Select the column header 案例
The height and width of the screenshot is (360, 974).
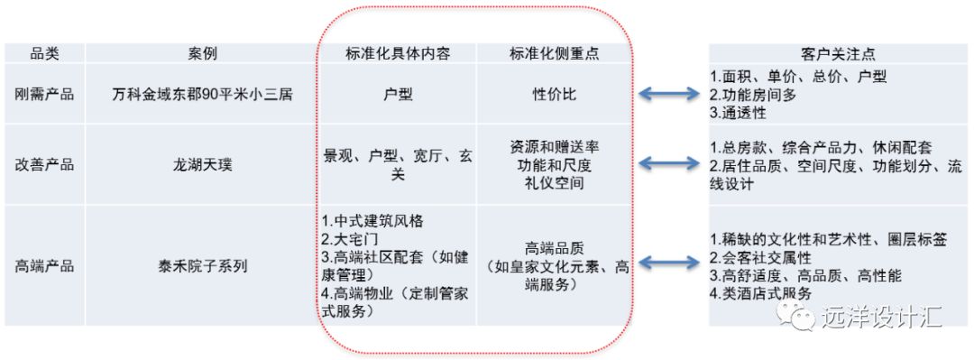pyautogui.click(x=202, y=52)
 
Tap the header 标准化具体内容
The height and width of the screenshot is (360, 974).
pyautogui.click(x=398, y=52)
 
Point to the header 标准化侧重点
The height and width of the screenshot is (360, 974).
pyautogui.click(x=554, y=52)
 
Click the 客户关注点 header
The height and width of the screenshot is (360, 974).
pyautogui.click(x=837, y=52)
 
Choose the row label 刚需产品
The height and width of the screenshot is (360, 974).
pyautogui.click(x=45, y=93)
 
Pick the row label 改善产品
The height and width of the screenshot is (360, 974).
pyautogui.click(x=45, y=164)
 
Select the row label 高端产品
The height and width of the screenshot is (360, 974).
pyautogui.click(x=45, y=266)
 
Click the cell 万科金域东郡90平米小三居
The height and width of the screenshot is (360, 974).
pyautogui.click(x=202, y=93)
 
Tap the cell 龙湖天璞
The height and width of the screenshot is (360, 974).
pyautogui.click(x=202, y=164)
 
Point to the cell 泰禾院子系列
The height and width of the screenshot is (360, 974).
pyautogui.click(x=202, y=266)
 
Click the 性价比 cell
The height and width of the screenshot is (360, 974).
pyautogui.click(x=554, y=93)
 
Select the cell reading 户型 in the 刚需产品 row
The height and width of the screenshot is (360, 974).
pyautogui.click(x=398, y=93)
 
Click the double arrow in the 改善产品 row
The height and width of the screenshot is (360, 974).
pyautogui.click(x=669, y=164)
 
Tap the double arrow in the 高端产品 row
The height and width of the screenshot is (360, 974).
pyautogui.click(x=669, y=263)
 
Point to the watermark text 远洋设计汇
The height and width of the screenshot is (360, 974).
pyautogui.click(x=882, y=318)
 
